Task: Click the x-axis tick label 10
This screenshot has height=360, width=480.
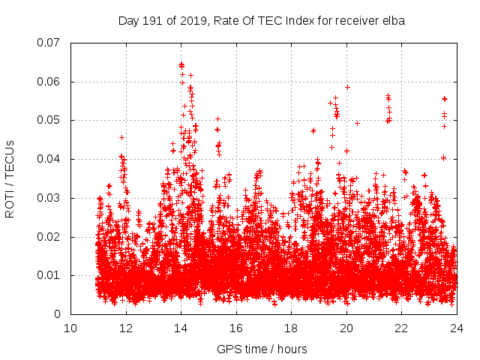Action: [x=70, y=328]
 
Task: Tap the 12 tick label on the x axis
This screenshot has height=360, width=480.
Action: [x=126, y=328]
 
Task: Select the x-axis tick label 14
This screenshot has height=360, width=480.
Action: [x=181, y=328]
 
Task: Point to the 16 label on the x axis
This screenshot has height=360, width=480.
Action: [x=236, y=328]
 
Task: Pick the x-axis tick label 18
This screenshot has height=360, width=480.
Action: [x=291, y=328]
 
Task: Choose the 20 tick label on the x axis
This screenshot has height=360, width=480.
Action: [x=346, y=328]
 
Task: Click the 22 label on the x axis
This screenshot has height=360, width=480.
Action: [x=401, y=328]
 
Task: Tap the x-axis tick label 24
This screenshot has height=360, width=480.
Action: [x=457, y=328]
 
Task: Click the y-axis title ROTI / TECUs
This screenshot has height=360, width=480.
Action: [x=10, y=178]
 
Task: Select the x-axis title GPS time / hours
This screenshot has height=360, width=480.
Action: [x=262, y=349]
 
